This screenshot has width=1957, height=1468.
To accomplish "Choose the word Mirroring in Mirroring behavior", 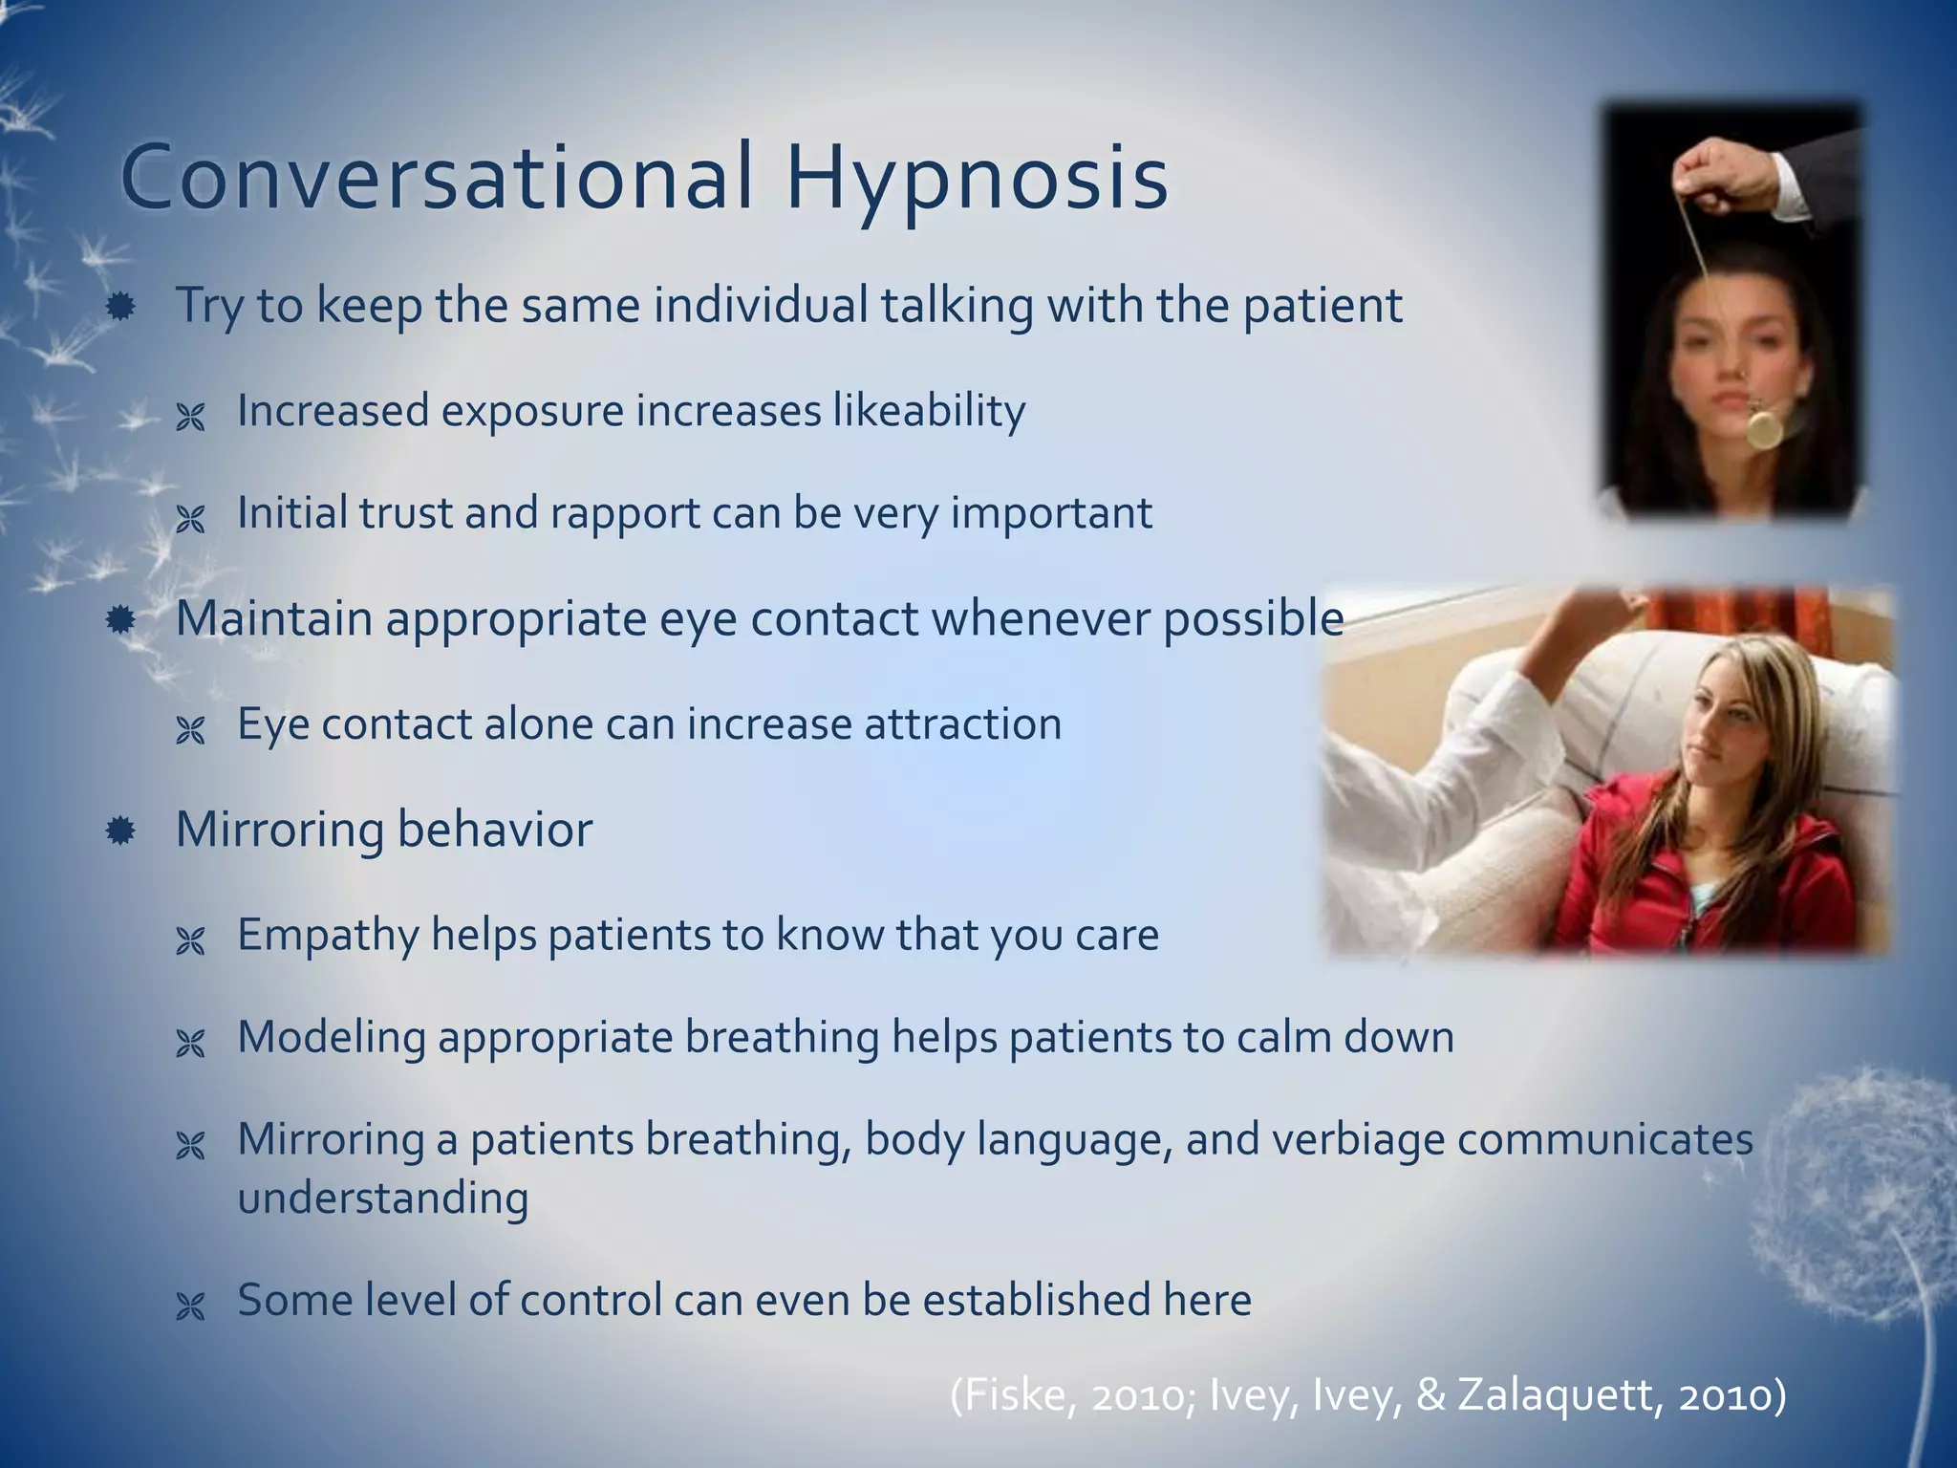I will (279, 829).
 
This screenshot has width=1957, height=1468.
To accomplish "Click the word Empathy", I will (328, 935).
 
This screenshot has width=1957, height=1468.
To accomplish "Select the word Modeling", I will (331, 1038).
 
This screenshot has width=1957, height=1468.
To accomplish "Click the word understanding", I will (382, 1198).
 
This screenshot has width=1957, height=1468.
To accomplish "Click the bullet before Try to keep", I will (120, 307).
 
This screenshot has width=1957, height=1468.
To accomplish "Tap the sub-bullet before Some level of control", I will (191, 1306).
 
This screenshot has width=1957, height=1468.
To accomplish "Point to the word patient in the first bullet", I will (1322, 307).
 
